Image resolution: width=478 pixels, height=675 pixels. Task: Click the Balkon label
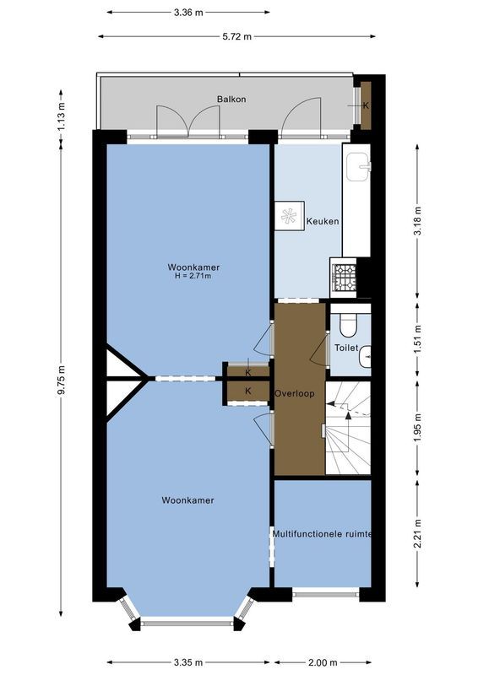231,100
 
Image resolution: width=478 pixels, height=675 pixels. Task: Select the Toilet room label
346,348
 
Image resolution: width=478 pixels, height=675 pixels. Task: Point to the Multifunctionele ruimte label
323,534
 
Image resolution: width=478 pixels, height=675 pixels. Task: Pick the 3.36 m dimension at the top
187,13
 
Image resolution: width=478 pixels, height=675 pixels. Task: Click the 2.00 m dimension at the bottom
323,662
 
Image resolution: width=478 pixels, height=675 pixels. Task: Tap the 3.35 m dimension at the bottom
187,662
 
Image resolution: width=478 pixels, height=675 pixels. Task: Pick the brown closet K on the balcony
366,105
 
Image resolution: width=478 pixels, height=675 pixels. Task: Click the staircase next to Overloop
348,428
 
